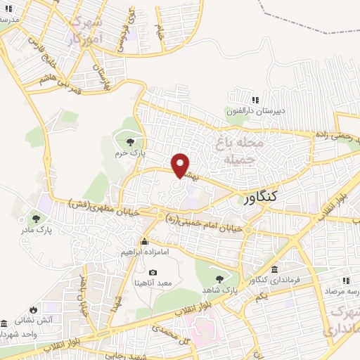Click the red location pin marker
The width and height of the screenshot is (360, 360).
(181, 165)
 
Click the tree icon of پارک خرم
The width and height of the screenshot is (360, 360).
(128, 142)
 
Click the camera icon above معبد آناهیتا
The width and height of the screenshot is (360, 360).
(153, 272)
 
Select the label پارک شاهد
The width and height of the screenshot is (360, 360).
(218, 289)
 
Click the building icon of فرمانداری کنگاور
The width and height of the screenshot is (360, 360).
(274, 270)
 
